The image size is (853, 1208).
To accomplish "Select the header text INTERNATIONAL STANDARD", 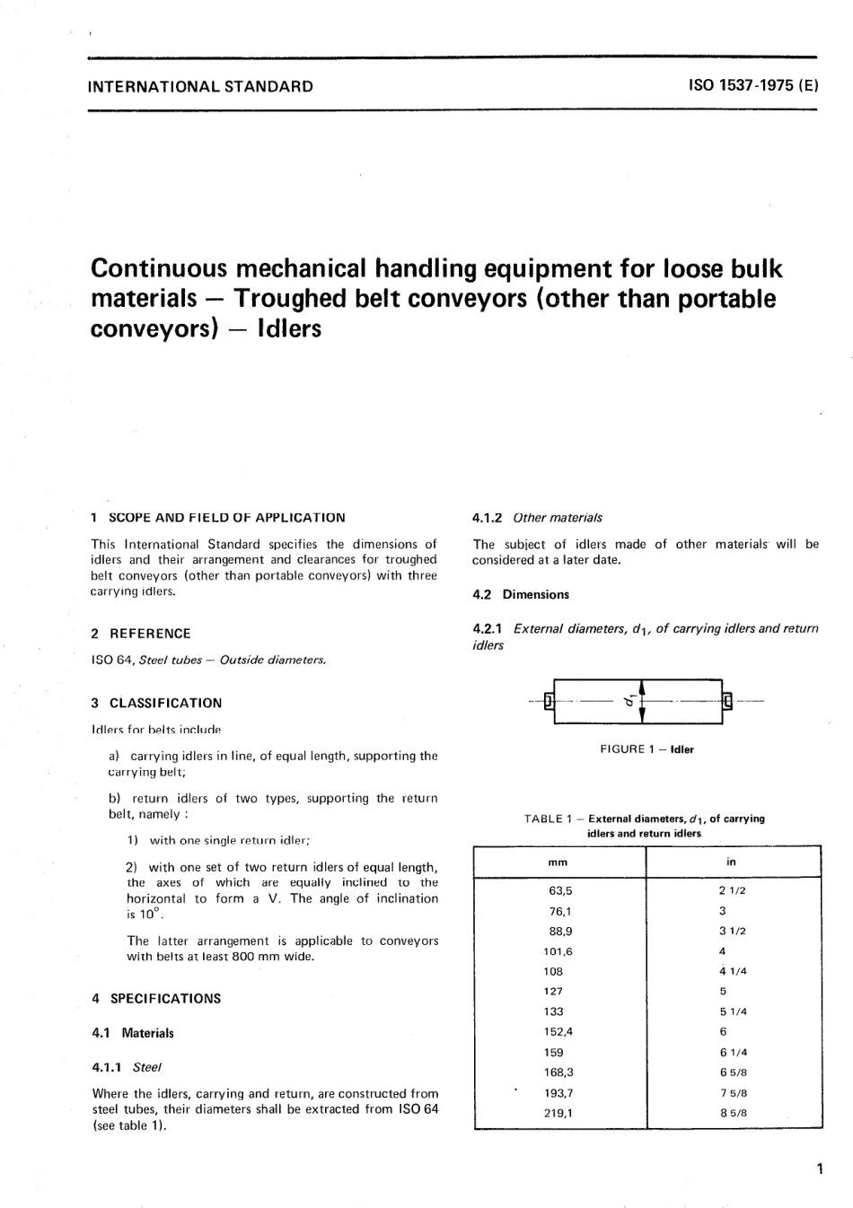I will pyautogui.click(x=200, y=87).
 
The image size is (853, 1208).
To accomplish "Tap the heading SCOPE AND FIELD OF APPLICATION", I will pyautogui.click(x=226, y=518).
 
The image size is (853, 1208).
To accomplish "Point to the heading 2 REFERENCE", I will pyautogui.click(x=141, y=634).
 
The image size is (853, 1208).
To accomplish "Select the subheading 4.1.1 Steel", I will pyautogui.click(x=127, y=1068).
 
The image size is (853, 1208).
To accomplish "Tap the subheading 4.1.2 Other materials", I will pyautogui.click(x=537, y=518).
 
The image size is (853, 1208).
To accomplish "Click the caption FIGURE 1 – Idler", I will pyautogui.click(x=646, y=749).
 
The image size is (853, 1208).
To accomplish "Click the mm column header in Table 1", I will pyautogui.click(x=558, y=862).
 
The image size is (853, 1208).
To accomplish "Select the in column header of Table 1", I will pyautogui.click(x=732, y=862).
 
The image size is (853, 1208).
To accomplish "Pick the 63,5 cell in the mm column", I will pyautogui.click(x=560, y=891).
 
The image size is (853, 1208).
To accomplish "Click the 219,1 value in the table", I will pyautogui.click(x=558, y=1113).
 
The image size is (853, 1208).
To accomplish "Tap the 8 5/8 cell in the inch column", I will pyautogui.click(x=733, y=1113).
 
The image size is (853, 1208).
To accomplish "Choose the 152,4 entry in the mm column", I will pyautogui.click(x=558, y=1032).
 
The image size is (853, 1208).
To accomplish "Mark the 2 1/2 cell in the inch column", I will pyautogui.click(x=733, y=891).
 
